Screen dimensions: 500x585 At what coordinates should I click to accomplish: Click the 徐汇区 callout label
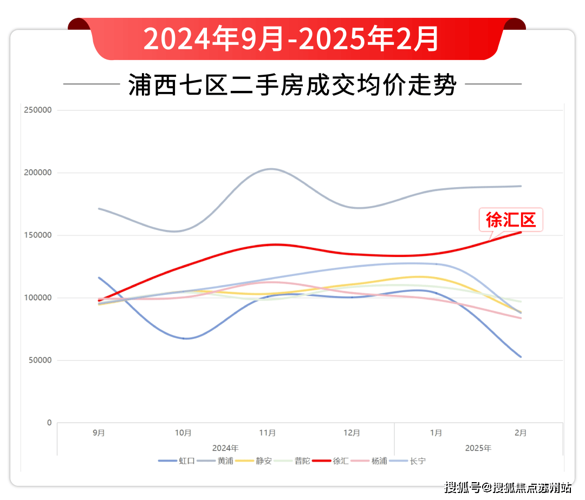[510, 220]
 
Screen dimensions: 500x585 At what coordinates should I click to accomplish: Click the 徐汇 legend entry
[331, 461]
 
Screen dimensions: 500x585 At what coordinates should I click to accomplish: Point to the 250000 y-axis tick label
[38, 110]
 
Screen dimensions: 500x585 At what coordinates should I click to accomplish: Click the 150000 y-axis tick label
[38, 235]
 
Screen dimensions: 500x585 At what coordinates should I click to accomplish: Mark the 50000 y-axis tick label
[40, 360]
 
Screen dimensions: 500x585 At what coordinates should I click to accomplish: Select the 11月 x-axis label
[268, 433]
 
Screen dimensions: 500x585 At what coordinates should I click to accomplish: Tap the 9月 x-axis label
[99, 433]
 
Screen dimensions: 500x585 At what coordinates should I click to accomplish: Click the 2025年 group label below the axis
[478, 448]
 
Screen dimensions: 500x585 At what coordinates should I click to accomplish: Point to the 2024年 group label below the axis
[225, 448]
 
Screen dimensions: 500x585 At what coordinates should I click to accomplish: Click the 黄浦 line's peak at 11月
[271, 169]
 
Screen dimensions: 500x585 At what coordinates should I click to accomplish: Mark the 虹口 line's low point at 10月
[185, 338]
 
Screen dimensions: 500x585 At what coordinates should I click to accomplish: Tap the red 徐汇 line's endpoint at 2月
[521, 232]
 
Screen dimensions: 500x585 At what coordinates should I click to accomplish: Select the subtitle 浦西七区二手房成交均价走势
[292, 85]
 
